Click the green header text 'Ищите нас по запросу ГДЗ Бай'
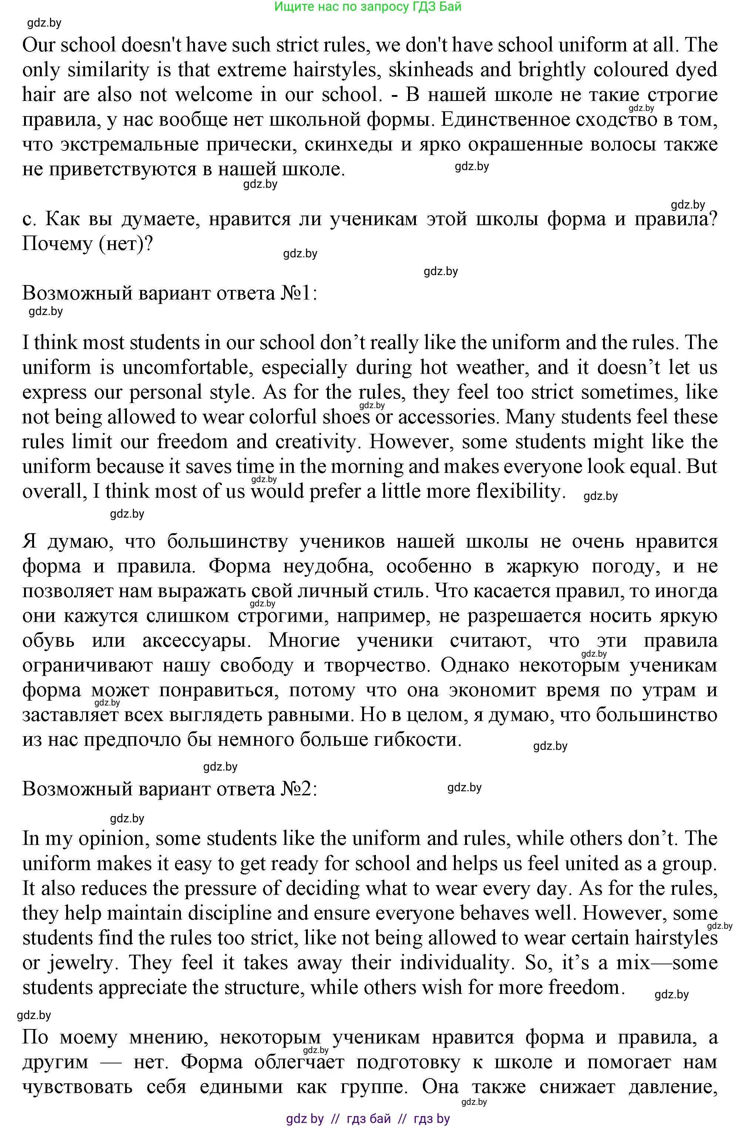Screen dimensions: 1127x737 coord(368,7)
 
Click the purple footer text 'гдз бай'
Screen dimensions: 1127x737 coord(369,1118)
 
